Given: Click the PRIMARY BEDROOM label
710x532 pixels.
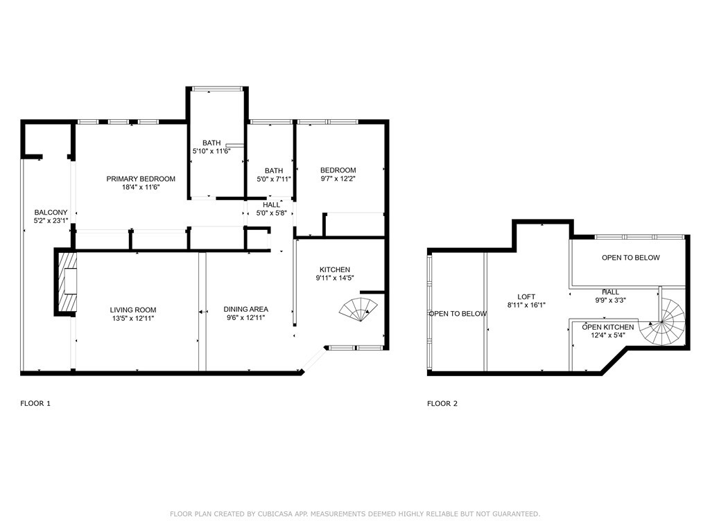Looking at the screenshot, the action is click(x=141, y=179).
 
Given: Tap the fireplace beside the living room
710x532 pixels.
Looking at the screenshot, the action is click(x=66, y=281).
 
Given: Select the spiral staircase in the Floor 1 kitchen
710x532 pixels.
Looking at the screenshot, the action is click(x=358, y=310).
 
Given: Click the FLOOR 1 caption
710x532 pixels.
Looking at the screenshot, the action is click(x=35, y=403).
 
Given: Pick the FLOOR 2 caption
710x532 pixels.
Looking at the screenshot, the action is click(x=442, y=403).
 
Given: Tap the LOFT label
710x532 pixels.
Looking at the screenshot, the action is click(x=526, y=296).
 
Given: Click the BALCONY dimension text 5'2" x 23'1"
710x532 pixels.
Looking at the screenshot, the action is click(x=51, y=221).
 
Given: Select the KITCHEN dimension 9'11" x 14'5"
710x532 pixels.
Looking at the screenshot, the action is click(x=335, y=278).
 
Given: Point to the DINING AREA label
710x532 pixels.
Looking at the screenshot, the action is click(x=246, y=309).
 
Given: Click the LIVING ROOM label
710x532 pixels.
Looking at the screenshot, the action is click(x=133, y=310).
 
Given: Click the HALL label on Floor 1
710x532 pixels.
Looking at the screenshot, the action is click(x=271, y=205).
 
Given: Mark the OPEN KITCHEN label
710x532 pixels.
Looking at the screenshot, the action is click(x=607, y=327).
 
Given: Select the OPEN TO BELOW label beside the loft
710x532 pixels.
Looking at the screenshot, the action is click(x=458, y=314).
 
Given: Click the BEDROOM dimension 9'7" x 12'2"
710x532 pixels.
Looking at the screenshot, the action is click(x=338, y=178).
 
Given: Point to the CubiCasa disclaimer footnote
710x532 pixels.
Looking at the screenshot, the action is click(x=355, y=514).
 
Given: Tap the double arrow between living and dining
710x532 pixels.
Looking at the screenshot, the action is click(x=203, y=312).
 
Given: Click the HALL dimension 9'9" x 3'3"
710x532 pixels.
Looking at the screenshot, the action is click(x=610, y=300).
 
